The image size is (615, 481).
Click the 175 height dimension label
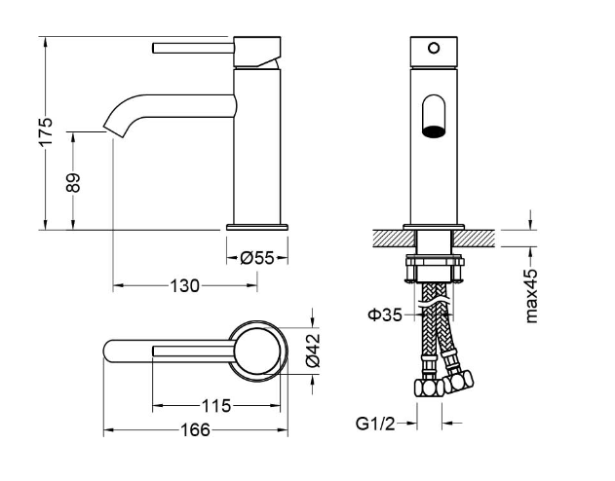[x=46, y=131]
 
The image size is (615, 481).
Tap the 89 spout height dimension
[x=73, y=182]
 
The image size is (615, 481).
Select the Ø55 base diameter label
[x=257, y=258]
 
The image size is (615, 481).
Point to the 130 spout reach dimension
[x=185, y=286]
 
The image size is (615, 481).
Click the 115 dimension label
[x=216, y=406]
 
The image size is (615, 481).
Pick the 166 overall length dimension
[x=195, y=430]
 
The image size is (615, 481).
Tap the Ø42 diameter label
[x=314, y=351]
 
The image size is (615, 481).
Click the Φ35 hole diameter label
[x=385, y=314]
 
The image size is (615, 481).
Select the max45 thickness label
[x=531, y=296]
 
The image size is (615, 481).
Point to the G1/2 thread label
[x=375, y=424]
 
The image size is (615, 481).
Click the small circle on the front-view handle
[x=434, y=48]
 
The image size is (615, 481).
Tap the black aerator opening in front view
[x=434, y=131]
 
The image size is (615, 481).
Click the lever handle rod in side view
[x=193, y=48]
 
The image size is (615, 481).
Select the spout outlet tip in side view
[x=115, y=131]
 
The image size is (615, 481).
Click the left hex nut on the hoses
[x=429, y=388]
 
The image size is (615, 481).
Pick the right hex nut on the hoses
[x=458, y=380]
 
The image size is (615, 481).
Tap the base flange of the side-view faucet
[x=257, y=227]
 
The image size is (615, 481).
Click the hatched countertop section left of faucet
[x=394, y=239]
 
